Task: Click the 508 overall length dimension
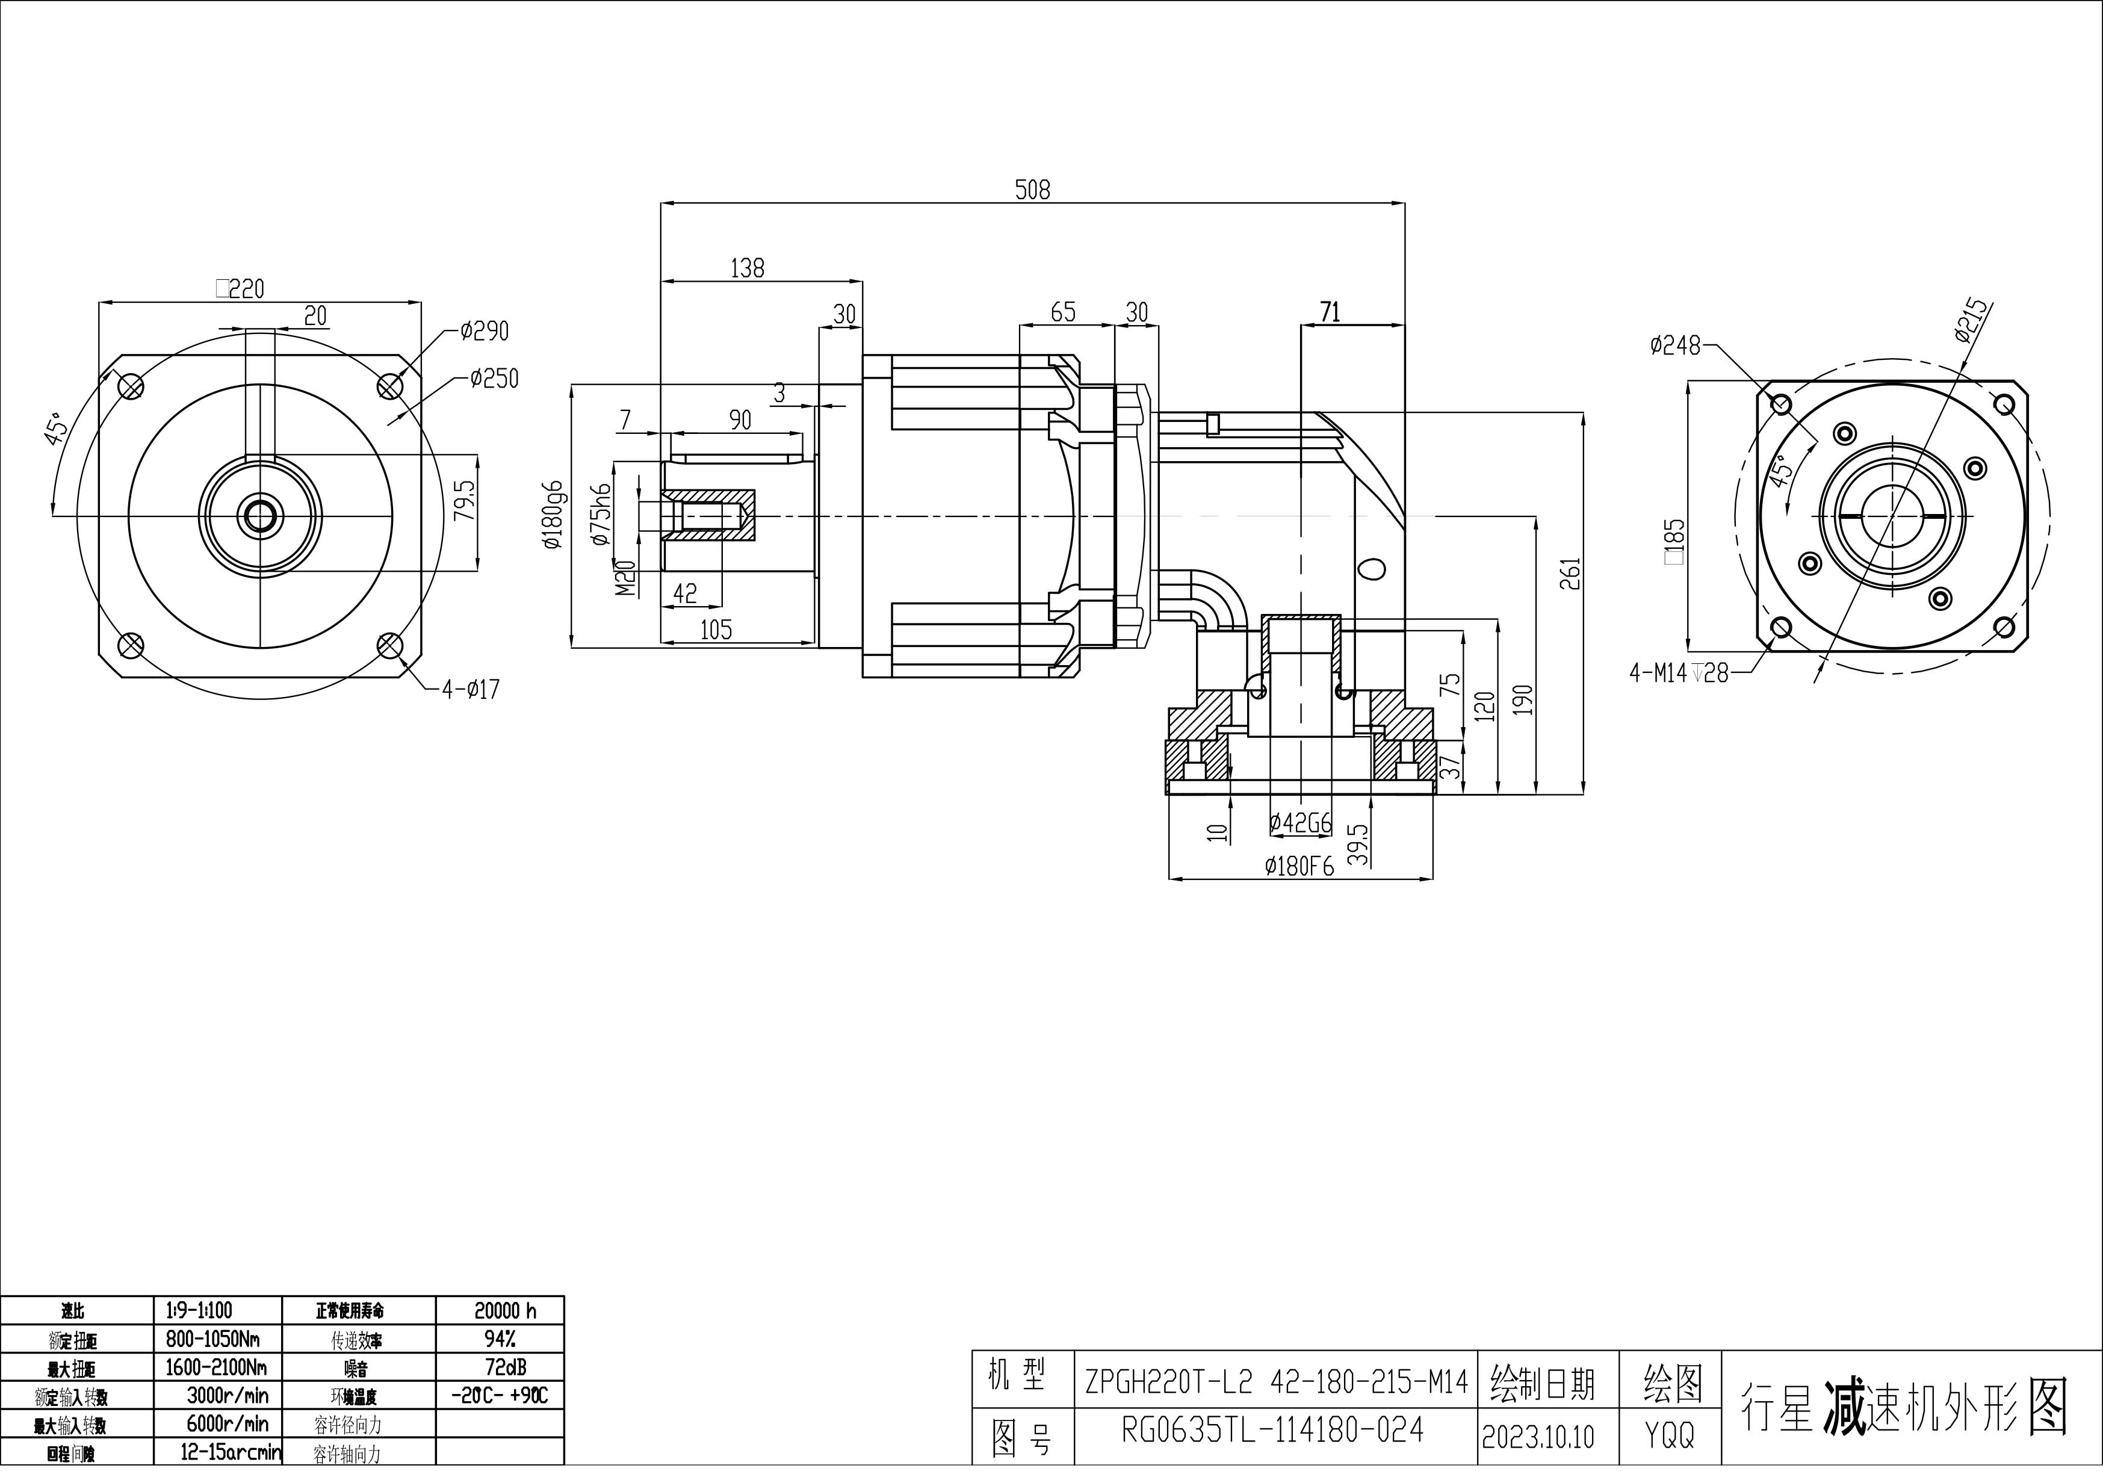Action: [x=1032, y=190]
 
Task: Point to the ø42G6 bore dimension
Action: [x=1299, y=823]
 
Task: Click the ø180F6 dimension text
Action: [x=1299, y=866]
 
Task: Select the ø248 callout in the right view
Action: [x=1674, y=345]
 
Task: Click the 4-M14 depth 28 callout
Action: [x=1678, y=674]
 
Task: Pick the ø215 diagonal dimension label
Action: [x=1971, y=321]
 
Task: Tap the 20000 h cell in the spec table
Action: [x=504, y=1312]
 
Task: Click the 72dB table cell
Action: [x=504, y=1367]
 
